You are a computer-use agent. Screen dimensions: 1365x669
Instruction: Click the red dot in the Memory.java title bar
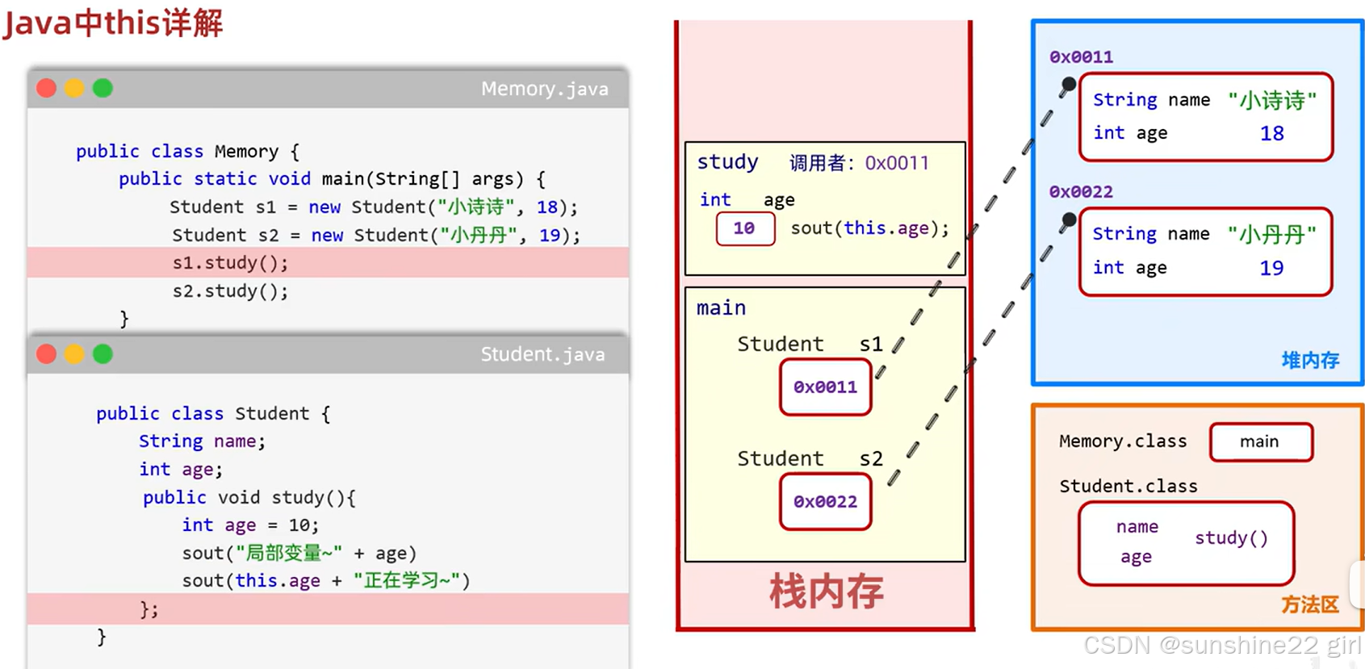tap(46, 88)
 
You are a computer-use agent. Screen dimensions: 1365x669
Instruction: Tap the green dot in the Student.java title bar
tap(103, 354)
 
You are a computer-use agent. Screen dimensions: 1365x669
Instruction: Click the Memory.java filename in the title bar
tap(545, 89)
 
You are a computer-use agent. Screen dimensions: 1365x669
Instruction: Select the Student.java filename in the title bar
tap(543, 354)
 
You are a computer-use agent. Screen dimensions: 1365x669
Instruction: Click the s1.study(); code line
tap(230, 262)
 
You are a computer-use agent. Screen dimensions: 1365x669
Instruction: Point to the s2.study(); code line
tap(230, 291)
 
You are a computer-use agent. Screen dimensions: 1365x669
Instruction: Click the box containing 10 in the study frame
tap(745, 228)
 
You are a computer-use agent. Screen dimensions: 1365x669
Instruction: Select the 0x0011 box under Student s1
tap(826, 387)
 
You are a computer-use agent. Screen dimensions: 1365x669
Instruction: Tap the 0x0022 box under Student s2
tap(826, 501)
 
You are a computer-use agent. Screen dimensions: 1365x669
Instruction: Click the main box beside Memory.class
tap(1261, 441)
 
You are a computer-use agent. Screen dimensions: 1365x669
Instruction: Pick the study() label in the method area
tap(1231, 538)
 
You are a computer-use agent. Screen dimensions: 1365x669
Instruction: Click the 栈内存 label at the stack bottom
tap(827, 591)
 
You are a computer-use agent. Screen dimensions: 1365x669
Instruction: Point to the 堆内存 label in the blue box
tap(1310, 360)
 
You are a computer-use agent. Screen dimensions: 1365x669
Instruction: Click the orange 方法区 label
tap(1309, 604)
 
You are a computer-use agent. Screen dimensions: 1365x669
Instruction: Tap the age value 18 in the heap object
tap(1271, 133)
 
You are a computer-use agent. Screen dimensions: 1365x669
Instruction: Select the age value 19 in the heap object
tap(1271, 268)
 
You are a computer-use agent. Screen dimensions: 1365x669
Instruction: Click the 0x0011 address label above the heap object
tap(1081, 57)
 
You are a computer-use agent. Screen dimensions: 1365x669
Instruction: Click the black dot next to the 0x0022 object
tap(1068, 220)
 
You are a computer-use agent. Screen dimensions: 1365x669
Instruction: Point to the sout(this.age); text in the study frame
tap(869, 228)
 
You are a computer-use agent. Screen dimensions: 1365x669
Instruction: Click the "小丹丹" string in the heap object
tap(1271, 234)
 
